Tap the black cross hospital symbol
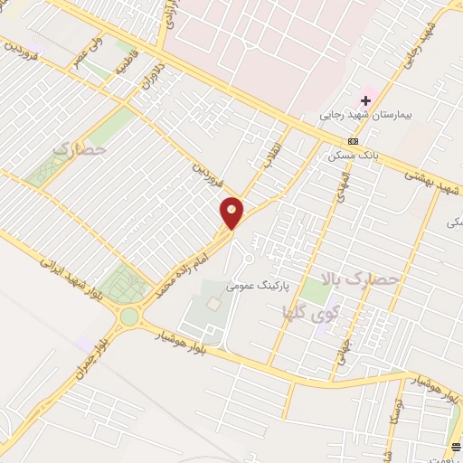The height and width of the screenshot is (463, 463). coord(366,99)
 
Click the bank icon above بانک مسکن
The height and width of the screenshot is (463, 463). coord(353,141)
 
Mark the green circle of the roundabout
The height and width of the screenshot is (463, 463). coord(129,317)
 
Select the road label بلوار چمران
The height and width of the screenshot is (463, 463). coord(94,360)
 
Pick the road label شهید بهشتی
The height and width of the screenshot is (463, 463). coord(433,181)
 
